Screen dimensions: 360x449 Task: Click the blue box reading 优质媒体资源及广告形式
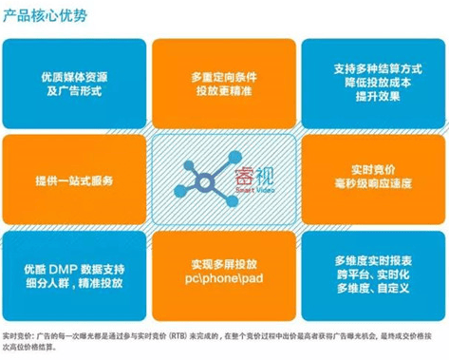click(73, 79)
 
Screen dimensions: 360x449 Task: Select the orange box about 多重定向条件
click(224, 79)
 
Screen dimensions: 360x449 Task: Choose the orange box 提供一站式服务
click(73, 180)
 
